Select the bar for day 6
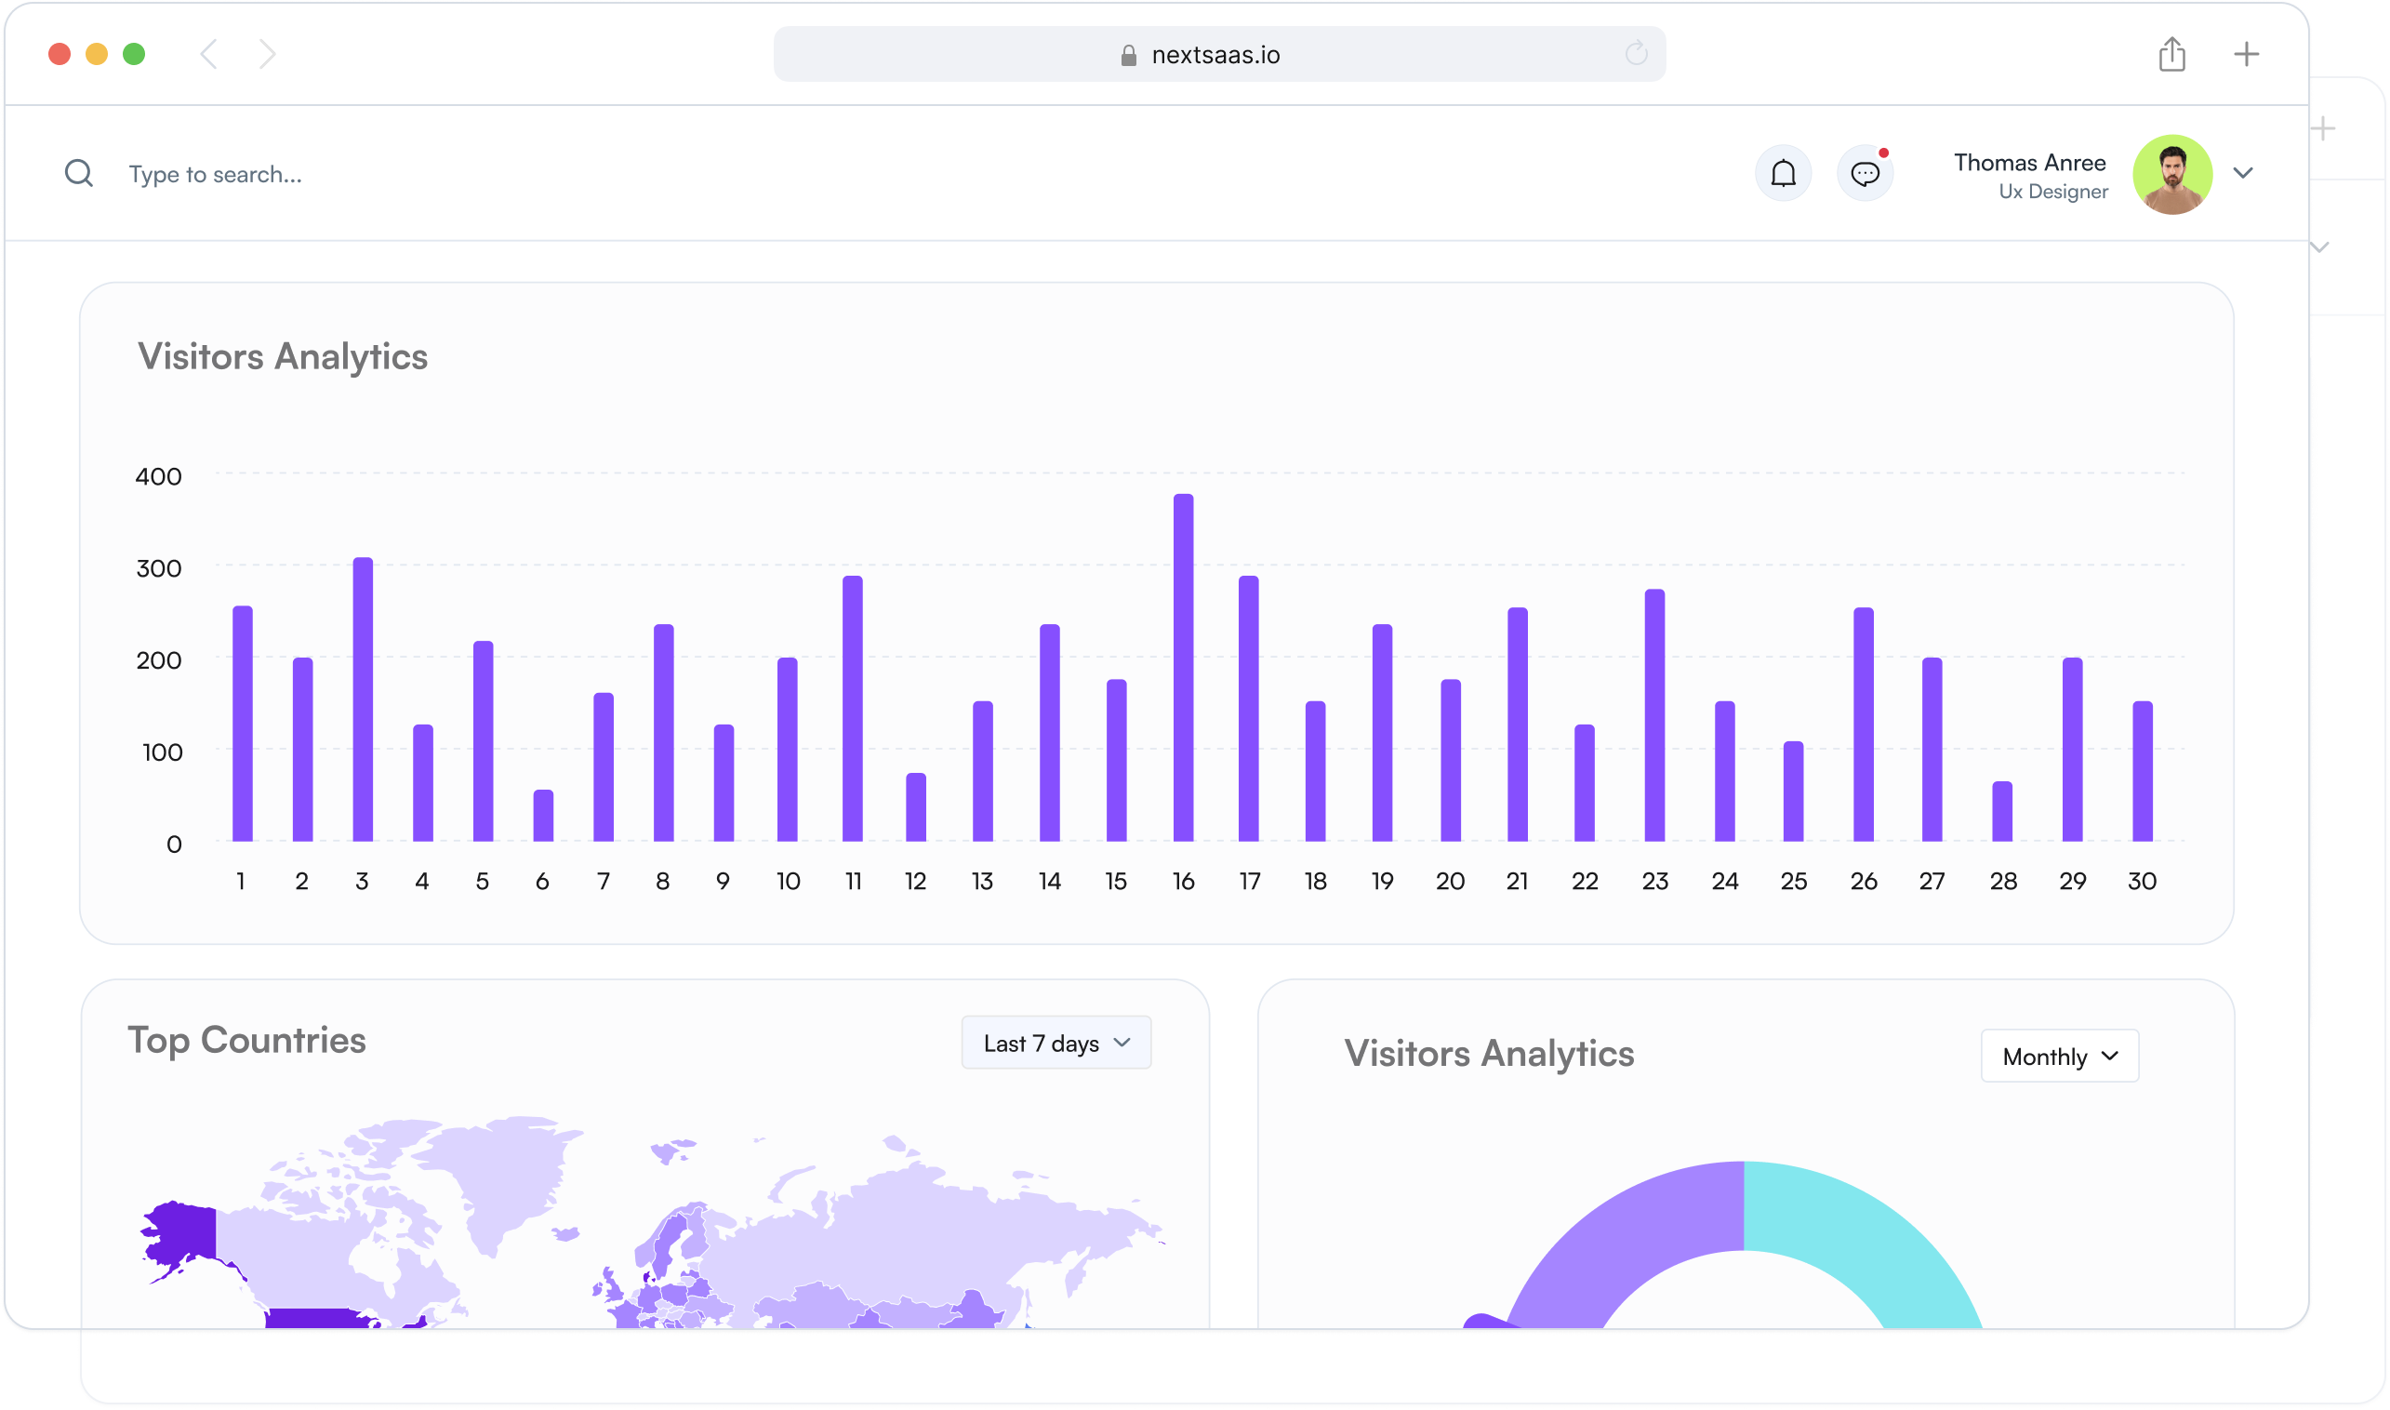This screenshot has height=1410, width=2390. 542,816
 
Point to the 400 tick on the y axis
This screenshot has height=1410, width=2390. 158,476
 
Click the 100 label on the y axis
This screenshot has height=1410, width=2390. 162,752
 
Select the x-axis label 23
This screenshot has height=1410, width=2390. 1654,881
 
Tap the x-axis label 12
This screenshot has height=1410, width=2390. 915,881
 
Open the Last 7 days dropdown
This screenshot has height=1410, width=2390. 1056,1043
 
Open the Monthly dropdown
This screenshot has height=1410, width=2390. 2059,1056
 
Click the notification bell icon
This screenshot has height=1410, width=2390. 1783,174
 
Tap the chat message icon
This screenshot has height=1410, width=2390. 1865,174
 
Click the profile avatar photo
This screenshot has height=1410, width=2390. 2171,174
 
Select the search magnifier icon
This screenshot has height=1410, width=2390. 79,174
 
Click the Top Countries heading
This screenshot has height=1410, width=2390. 246,1040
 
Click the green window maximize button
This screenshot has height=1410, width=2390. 134,54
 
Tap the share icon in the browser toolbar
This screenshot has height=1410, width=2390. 2171,54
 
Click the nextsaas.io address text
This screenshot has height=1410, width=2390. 1215,55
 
